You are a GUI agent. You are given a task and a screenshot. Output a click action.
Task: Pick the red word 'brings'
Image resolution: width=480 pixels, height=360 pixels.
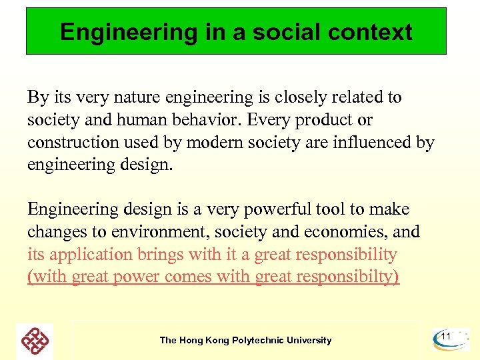coord(163,255)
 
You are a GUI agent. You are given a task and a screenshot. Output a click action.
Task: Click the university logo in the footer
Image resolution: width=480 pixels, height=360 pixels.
coord(35,341)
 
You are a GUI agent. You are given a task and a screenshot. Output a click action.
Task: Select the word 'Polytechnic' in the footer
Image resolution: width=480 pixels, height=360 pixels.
coord(259,340)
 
